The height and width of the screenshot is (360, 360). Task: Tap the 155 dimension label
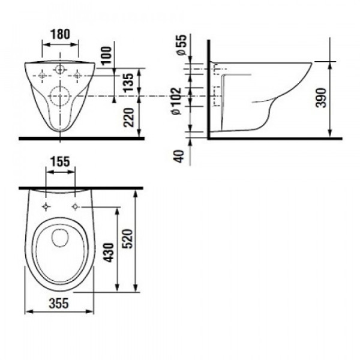(x=61, y=161)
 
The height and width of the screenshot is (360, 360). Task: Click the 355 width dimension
(x=58, y=303)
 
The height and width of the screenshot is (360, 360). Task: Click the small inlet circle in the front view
(x=61, y=70)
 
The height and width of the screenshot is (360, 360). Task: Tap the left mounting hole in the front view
(x=42, y=76)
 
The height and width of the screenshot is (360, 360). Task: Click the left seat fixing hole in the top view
(x=46, y=207)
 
